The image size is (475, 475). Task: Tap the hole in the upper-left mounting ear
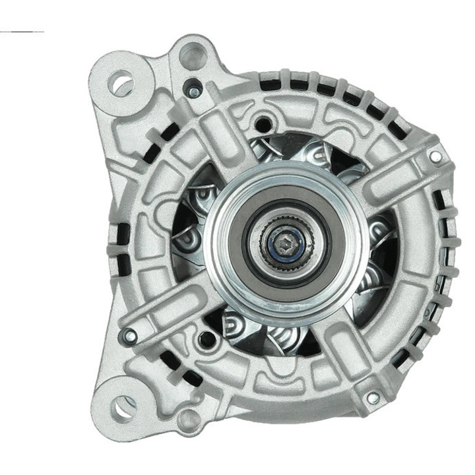pyautogui.click(x=121, y=84)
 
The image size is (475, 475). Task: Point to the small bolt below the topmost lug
pyautogui.click(x=193, y=91)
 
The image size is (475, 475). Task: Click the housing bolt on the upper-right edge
pyautogui.click(x=435, y=156)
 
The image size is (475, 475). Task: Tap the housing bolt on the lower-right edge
pyautogui.click(x=373, y=398)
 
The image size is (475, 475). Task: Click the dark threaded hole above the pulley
pyautogui.click(x=265, y=122)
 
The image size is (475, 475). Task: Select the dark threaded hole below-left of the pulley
pyautogui.click(x=207, y=340)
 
